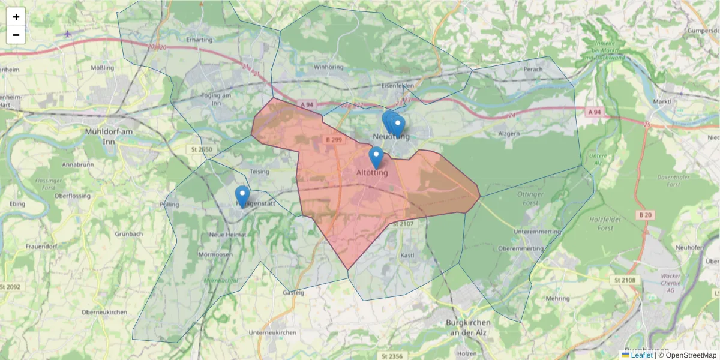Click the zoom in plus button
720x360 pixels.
(16, 17)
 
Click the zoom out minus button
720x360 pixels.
(16, 35)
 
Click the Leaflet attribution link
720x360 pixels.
(641, 355)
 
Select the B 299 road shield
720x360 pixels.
(334, 140)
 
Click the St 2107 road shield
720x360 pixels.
(402, 224)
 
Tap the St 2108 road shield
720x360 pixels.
(625, 280)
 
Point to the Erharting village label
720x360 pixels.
(199, 40)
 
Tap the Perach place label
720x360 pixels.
(533, 69)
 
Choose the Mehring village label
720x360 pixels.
(558, 298)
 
